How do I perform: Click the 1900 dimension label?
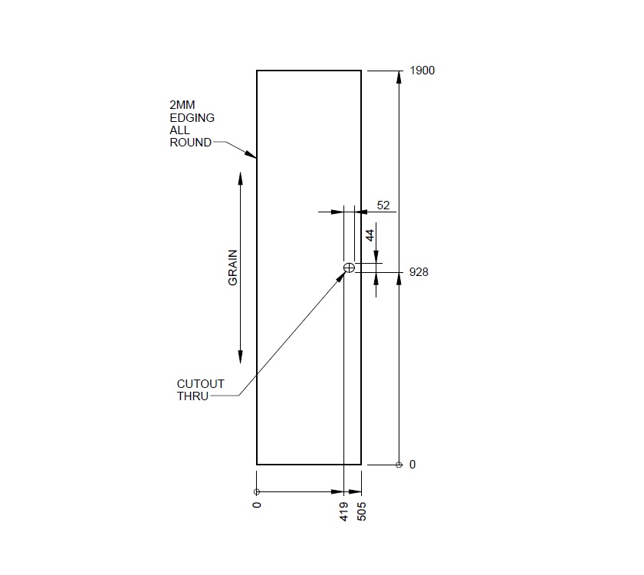422,71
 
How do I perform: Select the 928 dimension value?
419,272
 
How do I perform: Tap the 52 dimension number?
384,205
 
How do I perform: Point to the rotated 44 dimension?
370,236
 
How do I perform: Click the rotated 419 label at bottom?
345,512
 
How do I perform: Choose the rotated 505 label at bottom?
362,512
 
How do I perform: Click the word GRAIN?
233,268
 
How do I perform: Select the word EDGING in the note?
192,118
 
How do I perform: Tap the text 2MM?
182,106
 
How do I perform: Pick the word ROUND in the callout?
190,143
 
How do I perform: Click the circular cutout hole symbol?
349,267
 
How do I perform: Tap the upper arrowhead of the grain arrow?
241,179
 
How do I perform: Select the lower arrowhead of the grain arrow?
241,356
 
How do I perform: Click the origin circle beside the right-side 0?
399,465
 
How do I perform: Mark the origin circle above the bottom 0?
257,491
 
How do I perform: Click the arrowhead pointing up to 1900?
399,77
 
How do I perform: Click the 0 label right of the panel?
412,465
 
